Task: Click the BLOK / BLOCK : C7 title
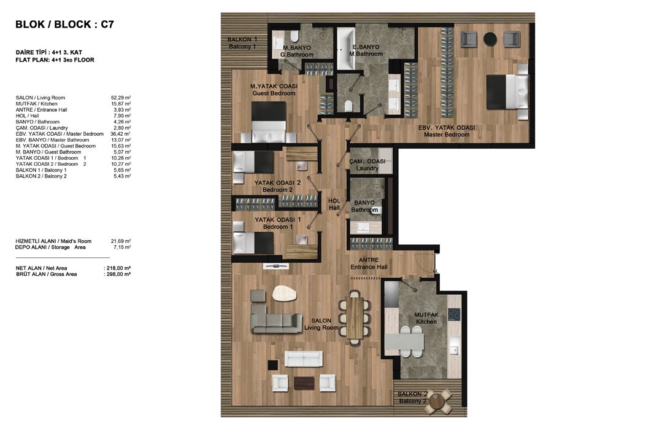tap(64, 24)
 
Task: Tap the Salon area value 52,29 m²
tap(121, 98)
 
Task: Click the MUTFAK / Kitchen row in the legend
tap(73, 104)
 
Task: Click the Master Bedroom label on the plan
tap(447, 131)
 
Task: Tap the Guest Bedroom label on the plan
tap(274, 90)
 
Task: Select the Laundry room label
tap(367, 165)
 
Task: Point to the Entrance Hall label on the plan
tap(369, 263)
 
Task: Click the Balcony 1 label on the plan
tap(242, 43)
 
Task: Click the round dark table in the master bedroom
tap(490, 39)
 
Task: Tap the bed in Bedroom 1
tap(253, 243)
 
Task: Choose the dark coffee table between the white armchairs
tap(304, 383)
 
